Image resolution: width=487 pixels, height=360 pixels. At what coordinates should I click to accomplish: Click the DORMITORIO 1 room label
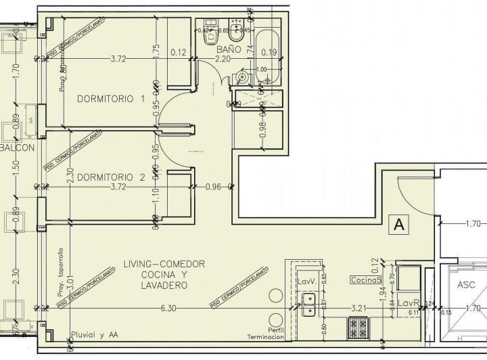click(111, 99)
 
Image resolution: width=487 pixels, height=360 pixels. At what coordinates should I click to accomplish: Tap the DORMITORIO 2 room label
click(111, 177)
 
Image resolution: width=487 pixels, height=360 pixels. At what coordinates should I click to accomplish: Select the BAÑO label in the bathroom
click(229, 49)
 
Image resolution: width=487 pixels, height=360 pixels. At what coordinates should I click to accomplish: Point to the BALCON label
click(17, 148)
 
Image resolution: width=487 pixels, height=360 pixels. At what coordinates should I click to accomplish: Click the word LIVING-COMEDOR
click(164, 264)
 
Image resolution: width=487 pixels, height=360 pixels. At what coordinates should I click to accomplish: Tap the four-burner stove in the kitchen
click(358, 328)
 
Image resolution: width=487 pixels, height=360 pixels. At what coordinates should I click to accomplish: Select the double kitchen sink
click(308, 305)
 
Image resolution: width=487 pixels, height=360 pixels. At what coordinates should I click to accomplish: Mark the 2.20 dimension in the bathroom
click(223, 60)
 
